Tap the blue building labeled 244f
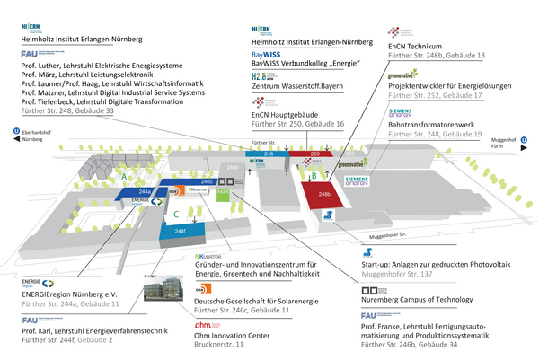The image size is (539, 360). click(x=180, y=231)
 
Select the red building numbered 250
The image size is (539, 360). click(x=314, y=154)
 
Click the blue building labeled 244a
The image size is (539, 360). click(x=144, y=192)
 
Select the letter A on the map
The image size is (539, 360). click(x=123, y=177)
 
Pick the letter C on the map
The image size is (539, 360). click(x=177, y=212)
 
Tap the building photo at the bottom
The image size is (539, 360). click(x=167, y=294)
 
